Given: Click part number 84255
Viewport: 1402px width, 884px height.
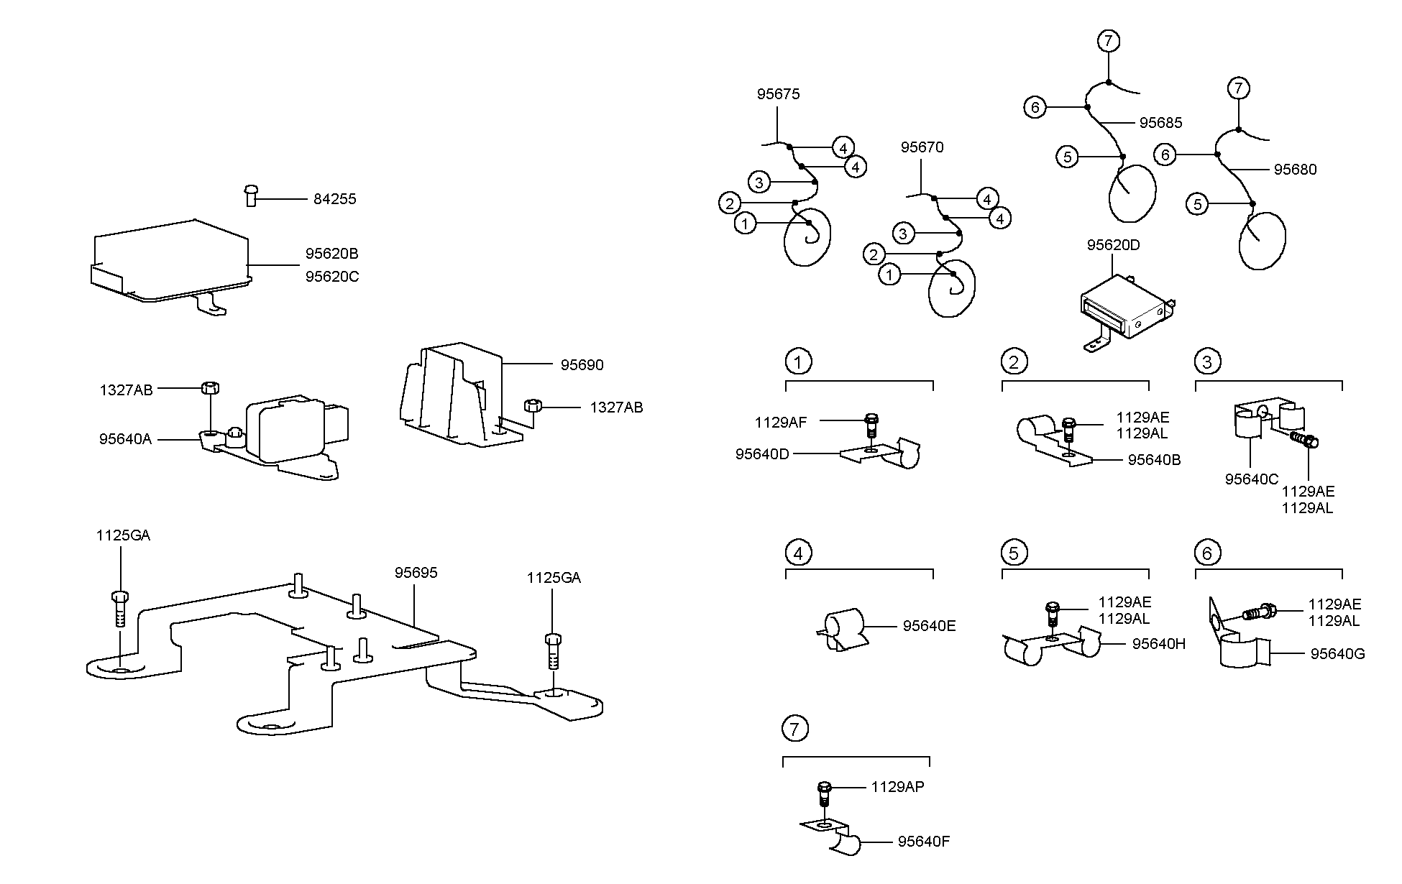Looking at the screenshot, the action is click(x=334, y=199).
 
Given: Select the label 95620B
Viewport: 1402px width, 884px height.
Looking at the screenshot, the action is click(x=331, y=254).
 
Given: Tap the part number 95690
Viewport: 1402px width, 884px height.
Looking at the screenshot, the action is click(x=582, y=365).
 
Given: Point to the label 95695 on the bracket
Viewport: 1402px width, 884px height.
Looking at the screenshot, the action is click(x=416, y=573).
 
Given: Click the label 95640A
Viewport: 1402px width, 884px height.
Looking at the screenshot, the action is click(x=126, y=439).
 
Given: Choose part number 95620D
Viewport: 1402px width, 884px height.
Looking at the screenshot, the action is click(x=1114, y=245).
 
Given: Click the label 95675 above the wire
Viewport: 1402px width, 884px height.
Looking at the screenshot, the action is click(x=778, y=94).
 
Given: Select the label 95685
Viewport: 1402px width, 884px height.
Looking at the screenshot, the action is click(x=1161, y=123).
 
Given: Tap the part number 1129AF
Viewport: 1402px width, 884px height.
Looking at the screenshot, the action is click(x=781, y=423).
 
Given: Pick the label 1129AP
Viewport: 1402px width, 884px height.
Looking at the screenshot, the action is click(x=897, y=787).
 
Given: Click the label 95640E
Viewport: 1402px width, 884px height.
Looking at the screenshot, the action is click(x=930, y=626).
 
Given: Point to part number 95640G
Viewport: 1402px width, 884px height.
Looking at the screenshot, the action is click(x=1337, y=654).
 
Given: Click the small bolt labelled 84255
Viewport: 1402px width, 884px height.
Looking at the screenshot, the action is click(x=251, y=195).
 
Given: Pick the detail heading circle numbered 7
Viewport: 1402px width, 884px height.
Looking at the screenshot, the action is click(x=794, y=729).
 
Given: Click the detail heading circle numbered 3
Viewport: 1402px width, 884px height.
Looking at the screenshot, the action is click(x=1207, y=362).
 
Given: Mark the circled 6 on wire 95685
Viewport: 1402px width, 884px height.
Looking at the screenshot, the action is click(x=1035, y=108).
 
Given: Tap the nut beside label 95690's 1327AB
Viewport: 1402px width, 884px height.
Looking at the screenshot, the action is click(x=532, y=406).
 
